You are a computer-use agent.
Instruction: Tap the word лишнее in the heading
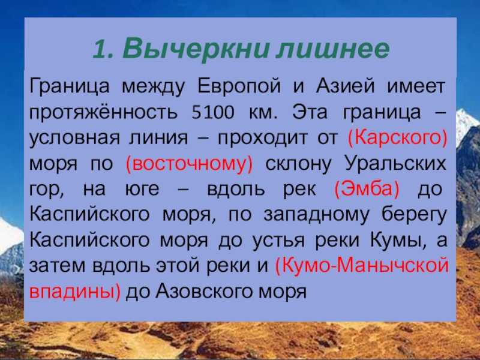[333, 49]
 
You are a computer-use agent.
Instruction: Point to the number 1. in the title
[103, 49]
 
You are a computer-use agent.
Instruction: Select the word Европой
[239, 86]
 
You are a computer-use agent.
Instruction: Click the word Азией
[345, 86]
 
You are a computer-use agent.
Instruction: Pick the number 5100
[213, 112]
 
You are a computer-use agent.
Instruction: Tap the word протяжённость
[103, 112]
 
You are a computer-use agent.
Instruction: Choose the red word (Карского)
[398, 138]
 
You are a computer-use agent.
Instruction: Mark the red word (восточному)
[190, 164]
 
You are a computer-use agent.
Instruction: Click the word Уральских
[395, 163]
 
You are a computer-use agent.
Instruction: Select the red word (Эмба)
[367, 189]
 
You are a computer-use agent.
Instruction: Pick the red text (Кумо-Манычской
[362, 266]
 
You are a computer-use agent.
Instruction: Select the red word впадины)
[75, 292]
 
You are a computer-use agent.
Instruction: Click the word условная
[74, 138]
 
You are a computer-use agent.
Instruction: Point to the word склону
[298, 164]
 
